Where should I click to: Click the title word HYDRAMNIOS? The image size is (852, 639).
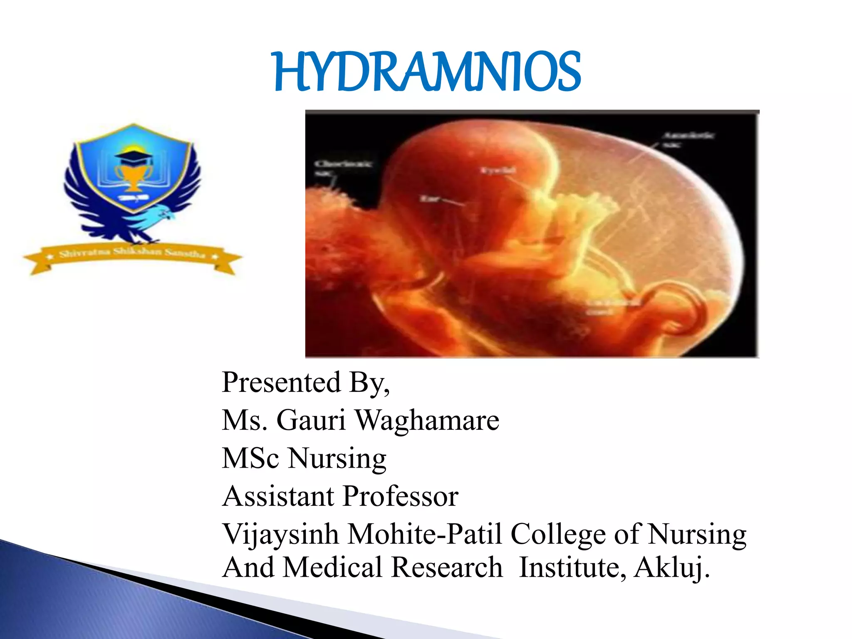pos(427,72)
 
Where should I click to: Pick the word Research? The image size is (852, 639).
pos(447,567)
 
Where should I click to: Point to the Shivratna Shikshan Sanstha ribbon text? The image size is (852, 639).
pos(132,253)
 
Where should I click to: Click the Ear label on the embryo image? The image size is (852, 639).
pos(429,198)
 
